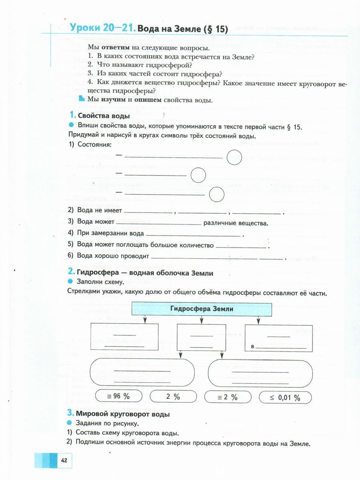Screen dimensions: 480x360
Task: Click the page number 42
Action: (64, 460)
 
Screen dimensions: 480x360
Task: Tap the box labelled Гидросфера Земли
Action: (202, 309)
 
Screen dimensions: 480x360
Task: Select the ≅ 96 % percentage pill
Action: (118, 397)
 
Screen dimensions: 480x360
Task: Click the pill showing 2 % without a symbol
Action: (173, 397)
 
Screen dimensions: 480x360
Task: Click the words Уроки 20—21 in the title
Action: (102, 28)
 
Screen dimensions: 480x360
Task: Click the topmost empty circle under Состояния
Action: (234, 157)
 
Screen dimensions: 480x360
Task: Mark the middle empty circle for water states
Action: (198, 175)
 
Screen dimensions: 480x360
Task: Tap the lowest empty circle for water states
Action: (216, 194)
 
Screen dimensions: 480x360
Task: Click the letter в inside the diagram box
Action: (253, 350)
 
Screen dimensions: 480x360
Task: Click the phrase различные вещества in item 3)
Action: (235, 223)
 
